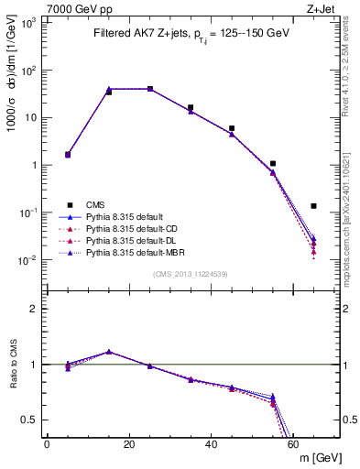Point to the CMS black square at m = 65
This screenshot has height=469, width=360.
[x=313, y=206]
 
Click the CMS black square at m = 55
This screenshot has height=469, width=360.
[x=273, y=163]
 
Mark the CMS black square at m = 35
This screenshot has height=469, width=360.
[x=191, y=107]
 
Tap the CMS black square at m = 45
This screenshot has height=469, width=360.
[x=232, y=128]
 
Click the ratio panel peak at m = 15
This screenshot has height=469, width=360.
[x=109, y=352]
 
